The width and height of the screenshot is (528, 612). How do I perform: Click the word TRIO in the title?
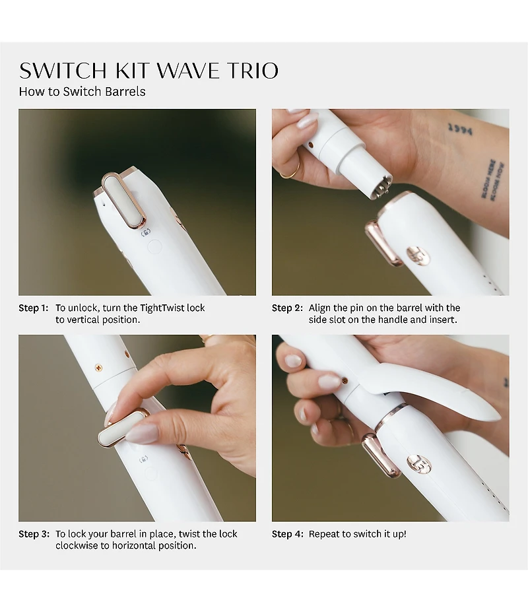point(245,70)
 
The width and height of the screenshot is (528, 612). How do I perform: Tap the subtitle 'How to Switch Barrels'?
point(82,92)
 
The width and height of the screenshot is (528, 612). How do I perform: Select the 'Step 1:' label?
point(34,308)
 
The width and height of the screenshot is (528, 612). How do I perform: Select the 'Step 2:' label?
point(287,308)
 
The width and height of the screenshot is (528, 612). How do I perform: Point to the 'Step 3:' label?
point(34,534)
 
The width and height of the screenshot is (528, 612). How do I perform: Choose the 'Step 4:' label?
point(287,534)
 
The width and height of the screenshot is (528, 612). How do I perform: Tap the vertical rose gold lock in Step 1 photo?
point(124,199)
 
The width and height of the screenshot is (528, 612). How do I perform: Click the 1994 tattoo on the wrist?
point(460,129)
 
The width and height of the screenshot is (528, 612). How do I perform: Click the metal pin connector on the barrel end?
point(379,187)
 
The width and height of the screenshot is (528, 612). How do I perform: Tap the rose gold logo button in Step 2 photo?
point(417,255)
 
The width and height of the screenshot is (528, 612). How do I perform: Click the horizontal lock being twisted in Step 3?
point(122,428)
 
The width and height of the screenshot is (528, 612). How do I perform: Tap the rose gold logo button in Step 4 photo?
point(418,463)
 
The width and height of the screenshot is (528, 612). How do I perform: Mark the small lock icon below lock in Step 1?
point(145,232)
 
